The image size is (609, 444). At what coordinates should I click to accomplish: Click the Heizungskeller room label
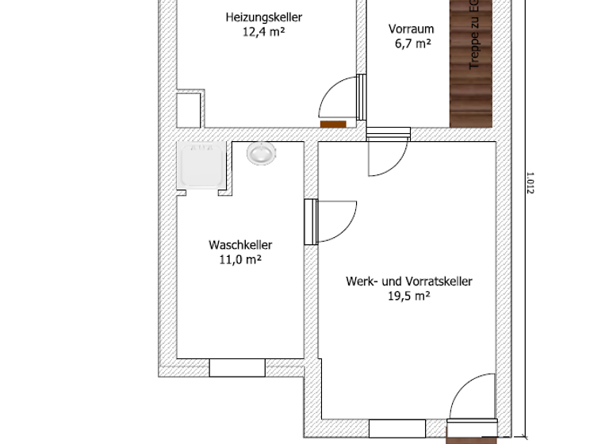(263, 17)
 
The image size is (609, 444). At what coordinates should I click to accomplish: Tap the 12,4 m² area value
(263, 33)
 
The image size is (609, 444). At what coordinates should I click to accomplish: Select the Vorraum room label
(411, 29)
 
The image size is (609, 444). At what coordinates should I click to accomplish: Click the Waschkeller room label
(240, 244)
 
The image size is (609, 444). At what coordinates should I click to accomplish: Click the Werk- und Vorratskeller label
(408, 281)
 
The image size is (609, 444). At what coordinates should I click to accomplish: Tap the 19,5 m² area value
(408, 296)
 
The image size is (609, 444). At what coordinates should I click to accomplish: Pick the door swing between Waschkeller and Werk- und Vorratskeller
(334, 221)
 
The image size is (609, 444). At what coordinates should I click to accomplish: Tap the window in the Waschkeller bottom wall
(236, 367)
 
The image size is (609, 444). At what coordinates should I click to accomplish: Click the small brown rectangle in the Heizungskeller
(333, 123)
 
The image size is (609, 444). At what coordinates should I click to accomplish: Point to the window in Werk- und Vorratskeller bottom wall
(396, 427)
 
